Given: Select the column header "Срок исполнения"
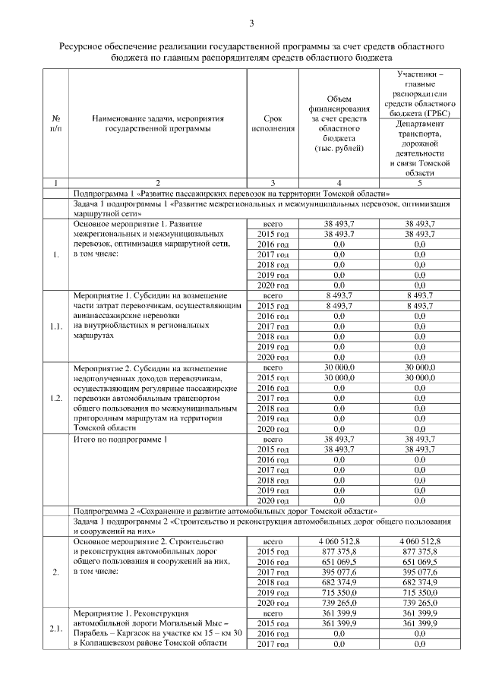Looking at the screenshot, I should pyautogui.click(x=272, y=124).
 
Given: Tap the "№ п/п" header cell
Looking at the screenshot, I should pyautogui.click(x=55, y=124).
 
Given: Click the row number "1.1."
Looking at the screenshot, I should pyautogui.click(x=55, y=326).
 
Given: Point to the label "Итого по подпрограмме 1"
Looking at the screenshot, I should pyautogui.click(x=120, y=440).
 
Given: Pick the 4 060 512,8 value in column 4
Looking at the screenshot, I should pyautogui.click(x=338, y=541).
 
